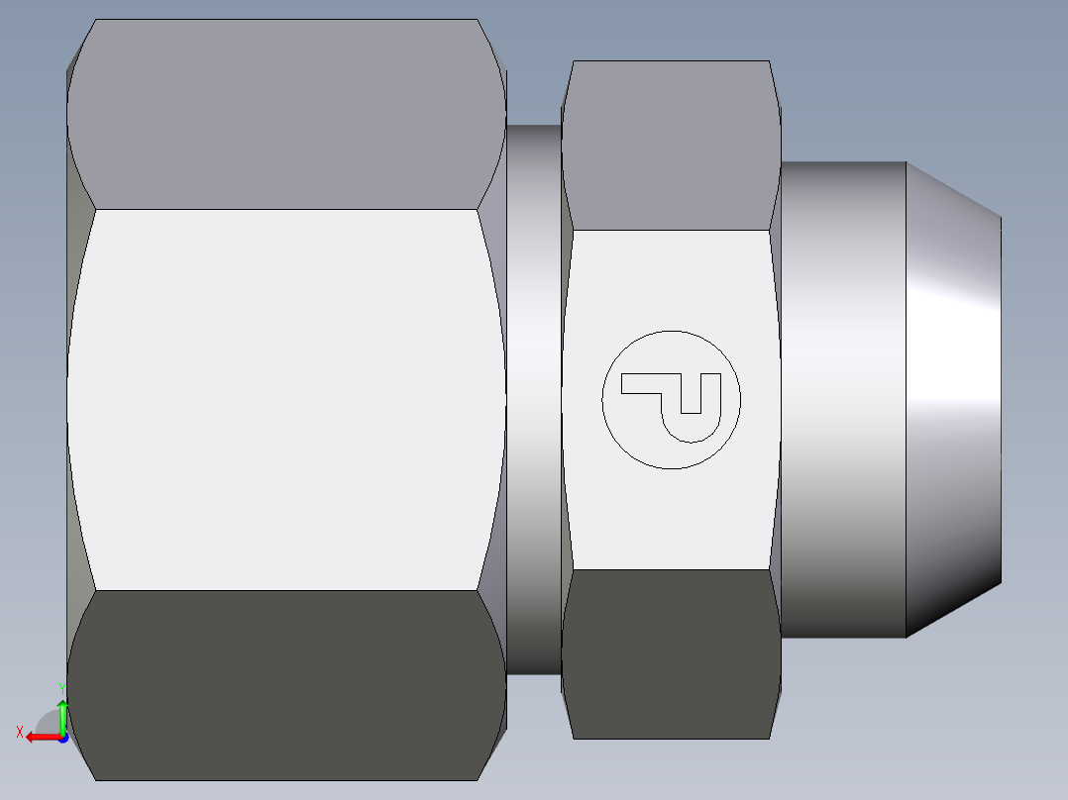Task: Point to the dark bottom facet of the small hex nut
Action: coord(669,653)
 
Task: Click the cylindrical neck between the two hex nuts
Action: coord(534,396)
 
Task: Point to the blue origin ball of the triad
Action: coord(62,738)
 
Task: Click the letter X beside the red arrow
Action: coord(19,732)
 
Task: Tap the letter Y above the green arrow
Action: coord(61,687)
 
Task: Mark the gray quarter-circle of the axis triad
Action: coord(49,723)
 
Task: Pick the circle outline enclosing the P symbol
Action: coord(602,399)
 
